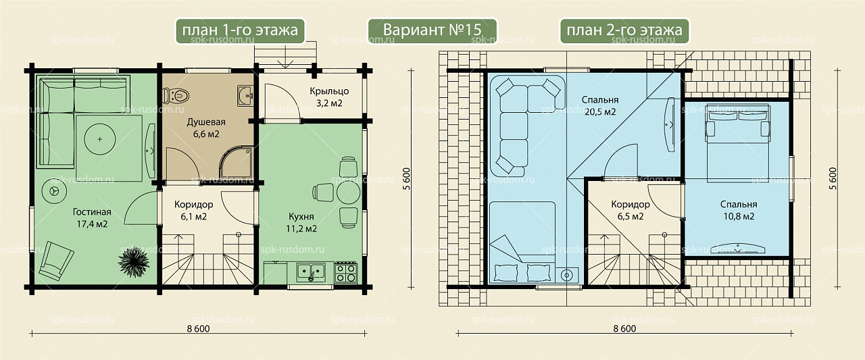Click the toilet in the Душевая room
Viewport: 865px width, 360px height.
[175, 95]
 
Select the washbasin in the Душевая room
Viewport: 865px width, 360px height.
[245, 95]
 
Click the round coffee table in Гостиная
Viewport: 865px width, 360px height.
[99, 139]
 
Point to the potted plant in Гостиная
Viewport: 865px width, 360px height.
[134, 262]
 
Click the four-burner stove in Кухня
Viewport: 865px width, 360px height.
[345, 273]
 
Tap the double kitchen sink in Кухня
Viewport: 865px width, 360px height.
[311, 272]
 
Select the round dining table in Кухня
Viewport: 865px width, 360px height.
[348, 192]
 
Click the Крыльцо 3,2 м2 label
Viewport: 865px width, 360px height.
[329, 97]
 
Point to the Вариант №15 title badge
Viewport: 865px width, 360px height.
[432, 30]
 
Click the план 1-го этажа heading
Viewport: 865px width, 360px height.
[240, 30]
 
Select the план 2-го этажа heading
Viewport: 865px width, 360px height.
[624, 30]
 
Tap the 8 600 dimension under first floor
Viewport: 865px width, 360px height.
[198, 329]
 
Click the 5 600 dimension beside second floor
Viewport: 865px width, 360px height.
[833, 178]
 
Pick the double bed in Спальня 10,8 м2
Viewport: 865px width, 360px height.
[738, 143]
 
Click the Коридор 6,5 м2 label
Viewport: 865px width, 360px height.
[631, 210]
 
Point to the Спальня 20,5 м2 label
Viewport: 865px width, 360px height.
[600, 106]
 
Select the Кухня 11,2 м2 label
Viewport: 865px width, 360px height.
[301, 223]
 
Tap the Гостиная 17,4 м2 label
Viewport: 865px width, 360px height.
[92, 218]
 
